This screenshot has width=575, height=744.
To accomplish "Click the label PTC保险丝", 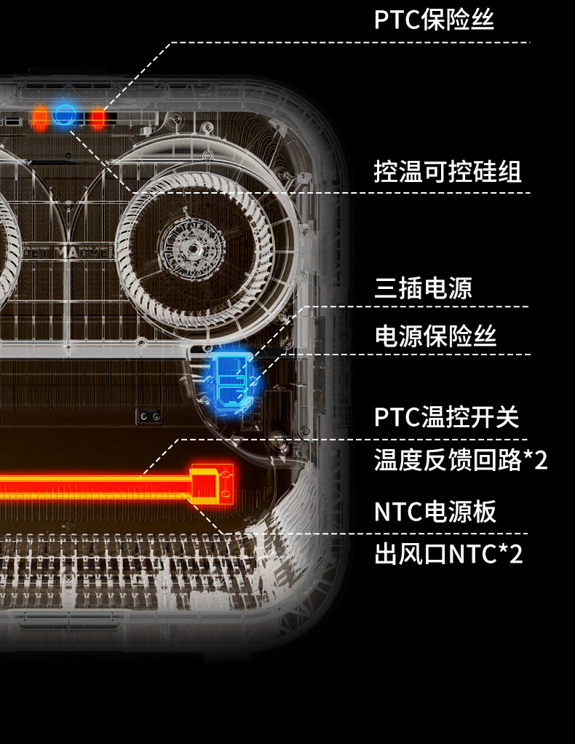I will pyautogui.click(x=434, y=20).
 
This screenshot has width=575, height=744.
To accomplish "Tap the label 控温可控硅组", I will pyautogui.click(x=448, y=172).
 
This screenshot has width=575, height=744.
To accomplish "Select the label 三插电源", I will pyautogui.click(x=423, y=288).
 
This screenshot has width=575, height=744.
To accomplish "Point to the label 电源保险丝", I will pyautogui.click(x=435, y=336).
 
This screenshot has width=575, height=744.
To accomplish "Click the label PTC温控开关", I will pyautogui.click(x=447, y=418).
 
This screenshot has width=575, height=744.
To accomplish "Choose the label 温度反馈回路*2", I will pyautogui.click(x=461, y=460).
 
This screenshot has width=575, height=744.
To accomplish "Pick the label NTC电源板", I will pyautogui.click(x=435, y=511).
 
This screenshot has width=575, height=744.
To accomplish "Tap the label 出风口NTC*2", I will pyautogui.click(x=448, y=555).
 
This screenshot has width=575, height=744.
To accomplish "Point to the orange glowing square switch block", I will pyautogui.click(x=212, y=486).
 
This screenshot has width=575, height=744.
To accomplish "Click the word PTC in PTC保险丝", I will pyautogui.click(x=392, y=20).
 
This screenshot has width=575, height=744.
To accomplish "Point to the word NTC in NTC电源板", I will pyautogui.click(x=393, y=511).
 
